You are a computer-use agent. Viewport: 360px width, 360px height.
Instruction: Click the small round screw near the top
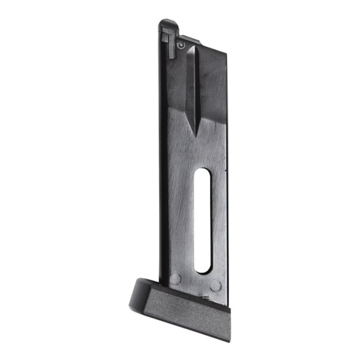coord(180,44)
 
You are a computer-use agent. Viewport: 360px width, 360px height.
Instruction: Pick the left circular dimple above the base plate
coord(175,279)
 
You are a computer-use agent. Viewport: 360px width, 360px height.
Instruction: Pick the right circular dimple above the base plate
coord(215,287)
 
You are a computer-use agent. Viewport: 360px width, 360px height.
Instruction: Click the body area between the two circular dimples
coord(195,283)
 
